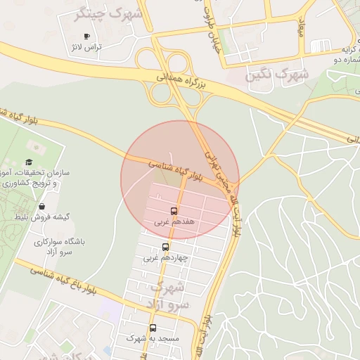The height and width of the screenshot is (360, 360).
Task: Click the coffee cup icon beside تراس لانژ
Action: (86, 36)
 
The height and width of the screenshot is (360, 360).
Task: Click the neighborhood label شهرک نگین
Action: (277, 73)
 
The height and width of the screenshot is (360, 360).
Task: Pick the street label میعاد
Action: (302, 28)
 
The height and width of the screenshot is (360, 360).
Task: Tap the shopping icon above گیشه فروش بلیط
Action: (43, 207)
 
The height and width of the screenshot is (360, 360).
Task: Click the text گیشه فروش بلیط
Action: (44, 217)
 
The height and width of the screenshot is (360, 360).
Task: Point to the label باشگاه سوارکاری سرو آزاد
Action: (59, 246)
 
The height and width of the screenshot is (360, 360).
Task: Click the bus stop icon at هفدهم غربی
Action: (174, 211)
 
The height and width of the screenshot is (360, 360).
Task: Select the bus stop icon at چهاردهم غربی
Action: (165, 247)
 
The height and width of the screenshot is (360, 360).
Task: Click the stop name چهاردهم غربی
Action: (165, 258)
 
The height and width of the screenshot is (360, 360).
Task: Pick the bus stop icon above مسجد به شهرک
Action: (153, 328)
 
